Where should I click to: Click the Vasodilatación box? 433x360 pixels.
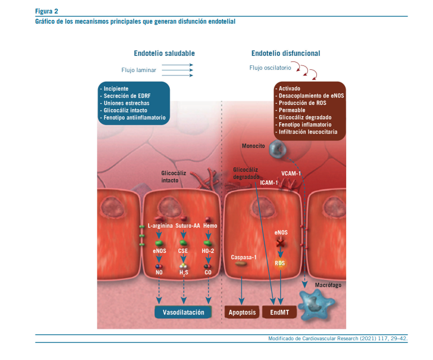tap(183, 312)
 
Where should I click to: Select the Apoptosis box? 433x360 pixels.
tap(242, 312)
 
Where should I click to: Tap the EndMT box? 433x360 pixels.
tap(280, 312)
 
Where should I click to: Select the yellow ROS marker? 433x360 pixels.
tap(280, 263)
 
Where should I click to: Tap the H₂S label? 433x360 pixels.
tap(183, 273)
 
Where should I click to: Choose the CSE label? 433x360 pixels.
tap(183, 250)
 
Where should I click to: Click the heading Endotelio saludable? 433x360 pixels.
tap(164, 53)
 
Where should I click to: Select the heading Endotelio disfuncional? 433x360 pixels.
tap(285, 53)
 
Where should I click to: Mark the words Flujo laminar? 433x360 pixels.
tap(138, 70)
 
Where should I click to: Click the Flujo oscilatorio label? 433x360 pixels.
tap(270, 68)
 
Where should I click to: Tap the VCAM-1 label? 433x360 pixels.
tap(291, 173)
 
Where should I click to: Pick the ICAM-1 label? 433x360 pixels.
tap(269, 183)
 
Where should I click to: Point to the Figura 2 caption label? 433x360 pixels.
tap(47, 11)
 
